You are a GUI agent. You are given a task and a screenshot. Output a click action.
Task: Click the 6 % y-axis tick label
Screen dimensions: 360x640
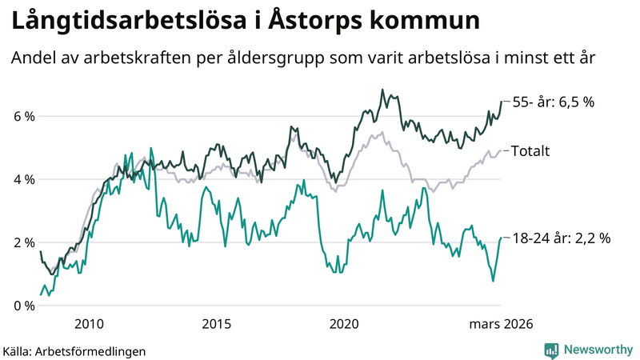click(x=25, y=117)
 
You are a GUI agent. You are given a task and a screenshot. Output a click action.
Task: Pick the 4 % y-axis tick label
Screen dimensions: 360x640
click(x=25, y=180)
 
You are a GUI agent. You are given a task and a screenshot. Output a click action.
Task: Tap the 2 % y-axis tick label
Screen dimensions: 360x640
click(x=25, y=242)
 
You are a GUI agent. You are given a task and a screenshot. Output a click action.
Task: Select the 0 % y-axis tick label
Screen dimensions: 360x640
click(x=25, y=306)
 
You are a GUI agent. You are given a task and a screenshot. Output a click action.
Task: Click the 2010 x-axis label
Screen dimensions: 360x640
click(x=88, y=324)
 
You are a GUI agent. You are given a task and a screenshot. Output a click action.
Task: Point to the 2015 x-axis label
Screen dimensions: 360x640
click(x=216, y=324)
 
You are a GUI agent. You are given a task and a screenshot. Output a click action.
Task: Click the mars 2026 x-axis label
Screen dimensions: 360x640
click(x=501, y=324)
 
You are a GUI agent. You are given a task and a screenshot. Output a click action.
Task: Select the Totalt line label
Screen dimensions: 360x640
click(x=530, y=150)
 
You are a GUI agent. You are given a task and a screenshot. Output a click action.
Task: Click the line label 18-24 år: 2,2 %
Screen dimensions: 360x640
click(x=561, y=238)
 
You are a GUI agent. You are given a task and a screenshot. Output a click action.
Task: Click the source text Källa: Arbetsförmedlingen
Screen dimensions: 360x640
click(x=74, y=350)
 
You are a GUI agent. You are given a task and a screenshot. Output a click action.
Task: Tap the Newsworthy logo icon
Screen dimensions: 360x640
click(x=551, y=350)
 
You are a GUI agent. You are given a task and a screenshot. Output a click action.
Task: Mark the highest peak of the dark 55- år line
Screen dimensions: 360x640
click(x=382, y=90)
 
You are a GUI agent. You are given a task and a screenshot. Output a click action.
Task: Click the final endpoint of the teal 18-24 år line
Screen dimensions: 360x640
click(x=501, y=237)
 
